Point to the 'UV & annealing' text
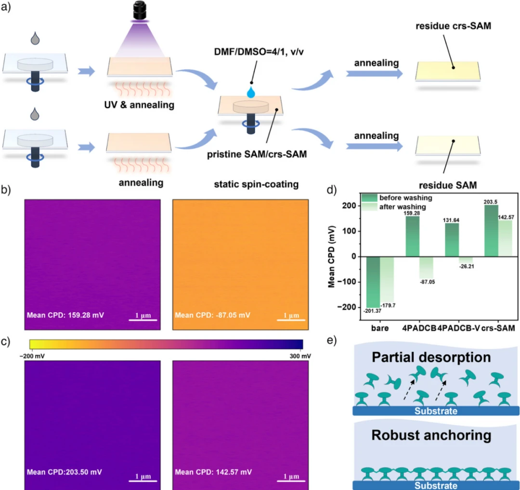click(x=140, y=103)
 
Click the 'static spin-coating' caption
click(x=256, y=183)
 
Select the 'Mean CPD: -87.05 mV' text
click(x=212, y=316)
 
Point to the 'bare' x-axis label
click(x=380, y=328)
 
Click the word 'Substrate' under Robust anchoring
click(x=437, y=485)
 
